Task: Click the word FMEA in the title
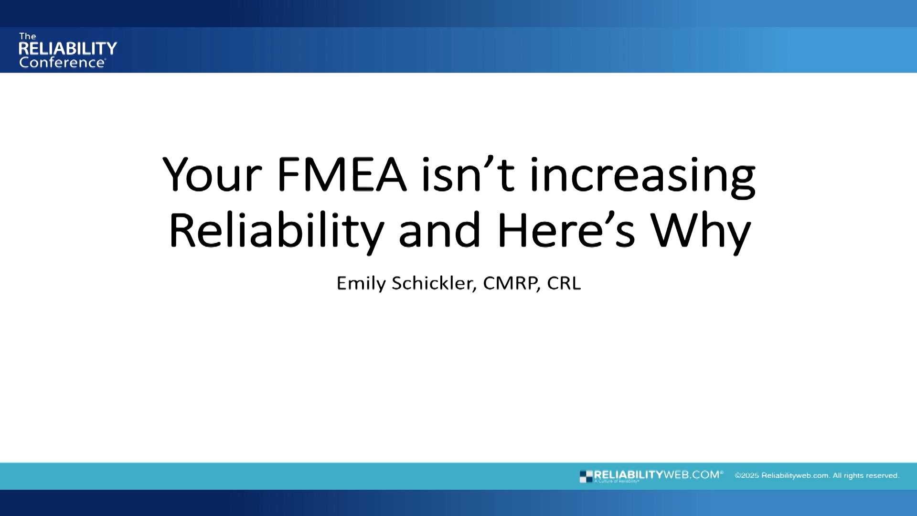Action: tap(341, 175)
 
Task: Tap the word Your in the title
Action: tap(212, 175)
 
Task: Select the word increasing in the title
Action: tap(642, 177)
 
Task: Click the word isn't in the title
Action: tap(468, 175)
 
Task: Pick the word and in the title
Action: tap(439, 230)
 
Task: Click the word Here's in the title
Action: tap(566, 230)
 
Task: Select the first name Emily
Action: tap(361, 283)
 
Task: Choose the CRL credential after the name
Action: tap(564, 283)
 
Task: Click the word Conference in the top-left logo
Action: tap(62, 63)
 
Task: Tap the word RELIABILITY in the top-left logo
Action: tap(68, 48)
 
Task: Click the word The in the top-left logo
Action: tap(28, 36)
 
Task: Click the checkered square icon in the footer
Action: tap(586, 476)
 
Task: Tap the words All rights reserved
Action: tap(866, 476)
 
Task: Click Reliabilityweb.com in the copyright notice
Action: tap(795, 476)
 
